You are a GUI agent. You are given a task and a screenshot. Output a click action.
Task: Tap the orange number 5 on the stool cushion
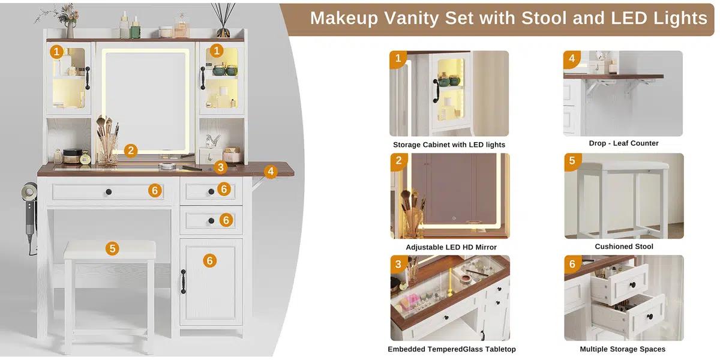pyautogui.click(x=112, y=248)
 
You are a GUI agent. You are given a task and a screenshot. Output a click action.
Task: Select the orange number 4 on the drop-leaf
pyautogui.click(x=271, y=172)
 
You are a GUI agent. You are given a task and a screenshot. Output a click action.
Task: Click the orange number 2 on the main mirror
pyautogui.click(x=131, y=151)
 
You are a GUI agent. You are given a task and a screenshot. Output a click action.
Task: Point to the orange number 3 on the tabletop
pyautogui.click(x=221, y=167)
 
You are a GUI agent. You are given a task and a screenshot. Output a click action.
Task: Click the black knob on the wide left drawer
pyautogui.click(x=109, y=191)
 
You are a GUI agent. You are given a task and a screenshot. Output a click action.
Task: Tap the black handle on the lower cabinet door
pyautogui.click(x=184, y=281)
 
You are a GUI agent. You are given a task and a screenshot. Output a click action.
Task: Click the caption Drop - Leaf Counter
pyautogui.click(x=623, y=143)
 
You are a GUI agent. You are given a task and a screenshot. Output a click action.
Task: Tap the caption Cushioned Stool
pyautogui.click(x=624, y=247)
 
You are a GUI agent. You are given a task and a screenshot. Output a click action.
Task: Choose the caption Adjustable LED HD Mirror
pyautogui.click(x=451, y=247)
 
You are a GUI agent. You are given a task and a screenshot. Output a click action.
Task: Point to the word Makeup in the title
pyautogui.click(x=344, y=18)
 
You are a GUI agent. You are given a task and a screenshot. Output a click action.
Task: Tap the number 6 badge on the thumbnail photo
pyautogui.click(x=572, y=264)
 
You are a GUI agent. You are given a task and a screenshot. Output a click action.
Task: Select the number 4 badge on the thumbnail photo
pyautogui.click(x=572, y=59)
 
